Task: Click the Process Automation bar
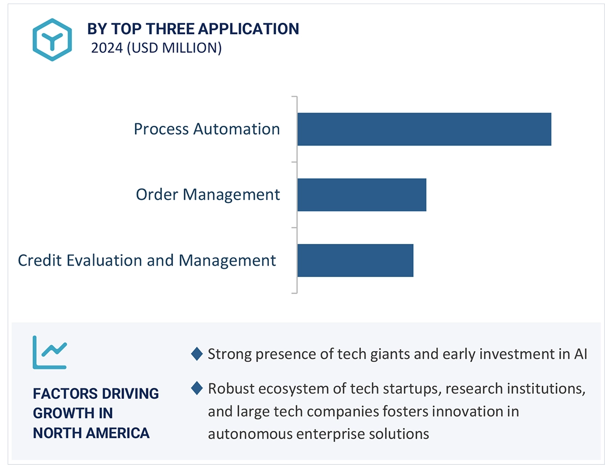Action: (424, 129)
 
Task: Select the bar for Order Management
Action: (361, 195)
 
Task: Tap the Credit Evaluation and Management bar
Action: (355, 260)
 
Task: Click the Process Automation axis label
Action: (207, 129)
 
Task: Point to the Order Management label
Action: (208, 195)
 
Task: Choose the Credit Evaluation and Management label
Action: (147, 260)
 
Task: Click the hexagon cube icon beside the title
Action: (52, 39)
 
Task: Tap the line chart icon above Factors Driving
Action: (50, 352)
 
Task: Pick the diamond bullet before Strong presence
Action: (196, 354)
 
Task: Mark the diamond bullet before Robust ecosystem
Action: (196, 388)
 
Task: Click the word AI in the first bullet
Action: (579, 354)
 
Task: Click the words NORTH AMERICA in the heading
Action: (91, 433)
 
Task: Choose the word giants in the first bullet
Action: (388, 355)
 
